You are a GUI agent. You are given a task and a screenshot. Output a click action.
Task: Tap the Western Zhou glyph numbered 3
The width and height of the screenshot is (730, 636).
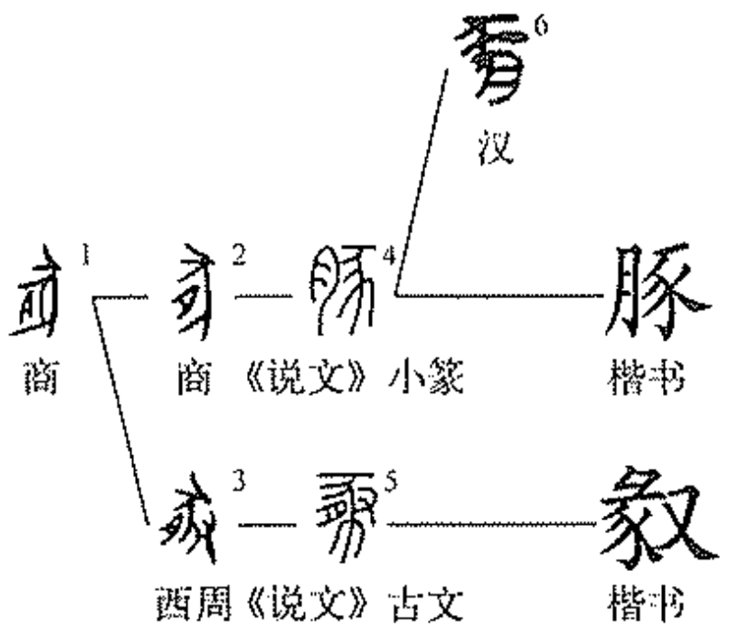click(x=184, y=526)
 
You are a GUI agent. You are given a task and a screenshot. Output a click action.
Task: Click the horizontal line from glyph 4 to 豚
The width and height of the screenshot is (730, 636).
click(x=496, y=296)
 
